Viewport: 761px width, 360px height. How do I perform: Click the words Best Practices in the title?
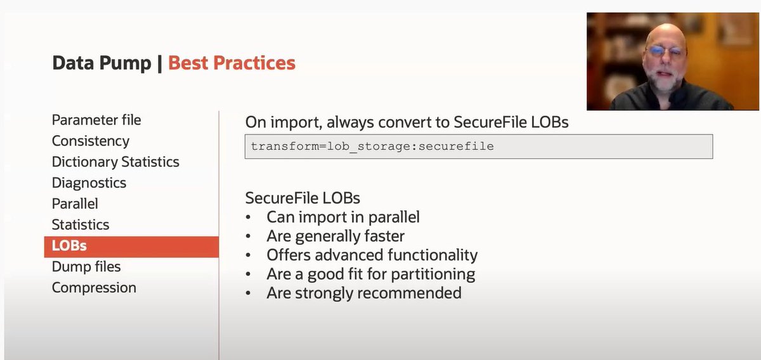pyautogui.click(x=231, y=63)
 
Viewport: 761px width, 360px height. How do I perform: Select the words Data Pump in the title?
pyautogui.click(x=101, y=63)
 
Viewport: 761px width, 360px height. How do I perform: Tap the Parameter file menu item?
pyautogui.click(x=96, y=120)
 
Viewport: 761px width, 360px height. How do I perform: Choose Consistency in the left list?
pyautogui.click(x=91, y=141)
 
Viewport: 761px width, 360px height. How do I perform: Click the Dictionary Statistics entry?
pyautogui.click(x=115, y=162)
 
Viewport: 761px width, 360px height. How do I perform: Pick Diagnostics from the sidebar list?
pyautogui.click(x=89, y=183)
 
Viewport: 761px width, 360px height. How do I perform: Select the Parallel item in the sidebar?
pyautogui.click(x=75, y=203)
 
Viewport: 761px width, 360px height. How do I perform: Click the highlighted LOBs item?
pyautogui.click(x=69, y=246)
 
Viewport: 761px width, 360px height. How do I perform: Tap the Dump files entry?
pyautogui.click(x=86, y=267)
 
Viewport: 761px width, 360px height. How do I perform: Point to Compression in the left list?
pyautogui.click(x=94, y=288)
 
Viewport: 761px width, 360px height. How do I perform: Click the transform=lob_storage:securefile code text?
pyautogui.click(x=372, y=146)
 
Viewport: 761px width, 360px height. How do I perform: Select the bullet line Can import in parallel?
pyautogui.click(x=342, y=217)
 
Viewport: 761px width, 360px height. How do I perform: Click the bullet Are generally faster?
pyautogui.click(x=335, y=236)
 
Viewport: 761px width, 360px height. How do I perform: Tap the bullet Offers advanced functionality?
pyautogui.click(x=372, y=255)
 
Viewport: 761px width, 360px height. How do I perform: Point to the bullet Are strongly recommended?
pyautogui.click(x=363, y=293)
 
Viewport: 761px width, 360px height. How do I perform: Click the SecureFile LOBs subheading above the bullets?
pyautogui.click(x=302, y=197)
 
